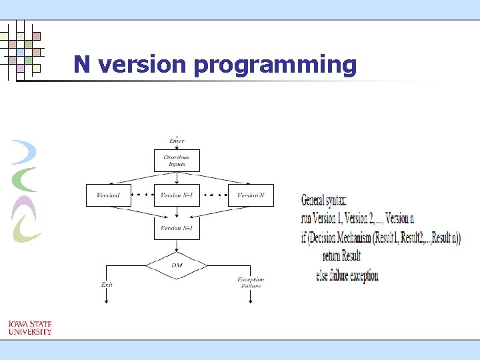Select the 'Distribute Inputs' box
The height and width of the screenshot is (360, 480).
(x=177, y=161)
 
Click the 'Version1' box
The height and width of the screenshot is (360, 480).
(x=109, y=195)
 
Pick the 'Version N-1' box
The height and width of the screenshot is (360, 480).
(x=177, y=195)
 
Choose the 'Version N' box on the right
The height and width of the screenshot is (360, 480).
(x=251, y=195)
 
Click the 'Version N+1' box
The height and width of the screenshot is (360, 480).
(x=177, y=228)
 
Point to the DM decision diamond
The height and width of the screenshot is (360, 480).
(x=177, y=265)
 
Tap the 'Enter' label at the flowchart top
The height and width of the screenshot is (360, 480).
(x=177, y=141)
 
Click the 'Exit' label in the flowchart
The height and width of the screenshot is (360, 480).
(x=107, y=285)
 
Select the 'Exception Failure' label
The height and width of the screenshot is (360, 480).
(x=251, y=283)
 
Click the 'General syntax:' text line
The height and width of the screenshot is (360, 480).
(x=324, y=200)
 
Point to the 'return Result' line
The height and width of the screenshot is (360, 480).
(x=341, y=256)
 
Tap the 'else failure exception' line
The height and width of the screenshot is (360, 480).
(x=347, y=275)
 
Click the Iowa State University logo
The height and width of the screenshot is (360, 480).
(x=30, y=327)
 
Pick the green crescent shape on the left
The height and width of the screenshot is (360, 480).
(x=25, y=179)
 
